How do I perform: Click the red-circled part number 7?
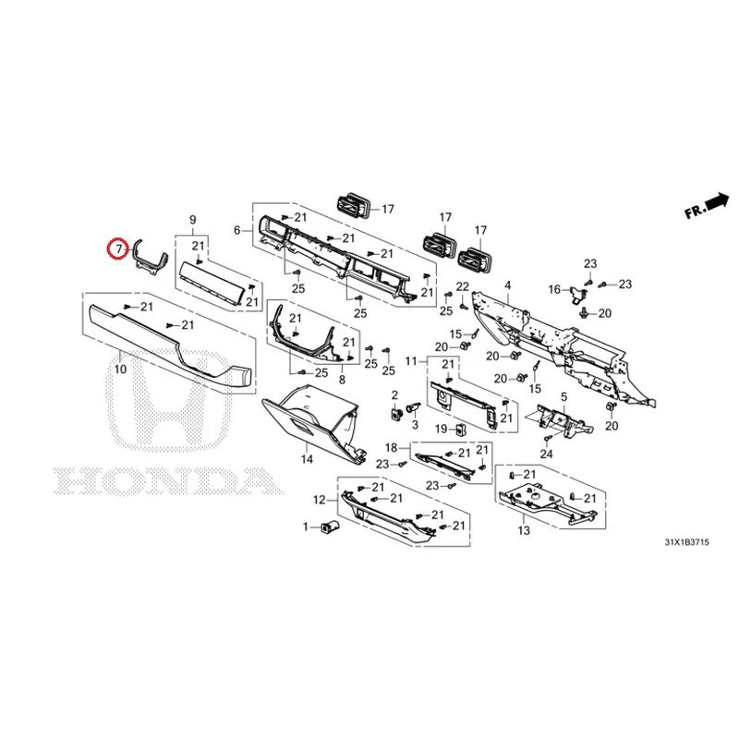118,248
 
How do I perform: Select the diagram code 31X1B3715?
686,542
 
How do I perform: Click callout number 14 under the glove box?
307,458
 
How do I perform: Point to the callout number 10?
120,369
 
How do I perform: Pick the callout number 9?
193,220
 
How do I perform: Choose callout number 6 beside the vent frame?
237,230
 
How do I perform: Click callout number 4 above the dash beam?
507,285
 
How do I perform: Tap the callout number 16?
555,289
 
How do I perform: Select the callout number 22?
463,286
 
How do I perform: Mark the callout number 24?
546,454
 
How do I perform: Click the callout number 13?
524,530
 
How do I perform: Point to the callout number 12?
320,500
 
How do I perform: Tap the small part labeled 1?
327,527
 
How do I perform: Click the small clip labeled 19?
460,430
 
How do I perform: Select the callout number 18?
392,448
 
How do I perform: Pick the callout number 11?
411,361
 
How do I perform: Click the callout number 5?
564,397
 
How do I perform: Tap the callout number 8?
342,380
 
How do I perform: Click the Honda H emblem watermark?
171,399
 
